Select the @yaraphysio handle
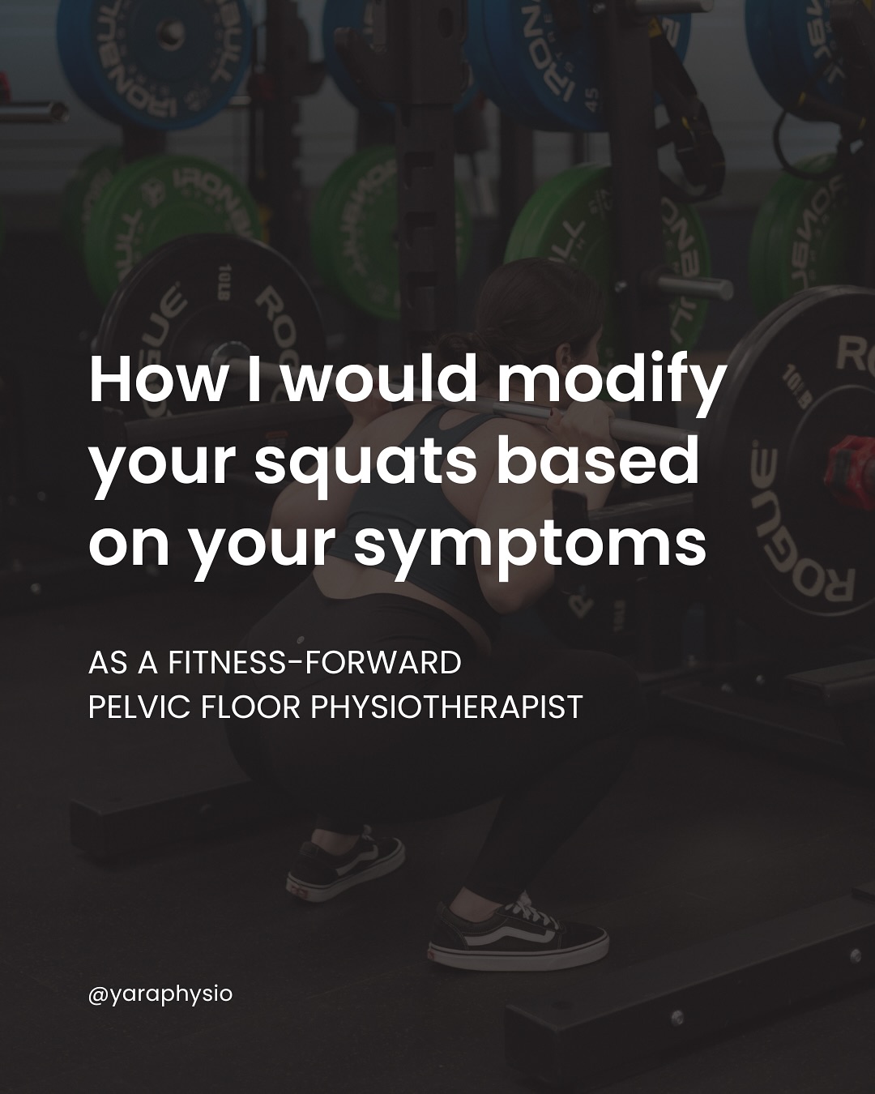point(160,994)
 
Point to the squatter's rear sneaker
point(345,867)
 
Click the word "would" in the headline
point(381,379)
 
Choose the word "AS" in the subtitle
point(108,663)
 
